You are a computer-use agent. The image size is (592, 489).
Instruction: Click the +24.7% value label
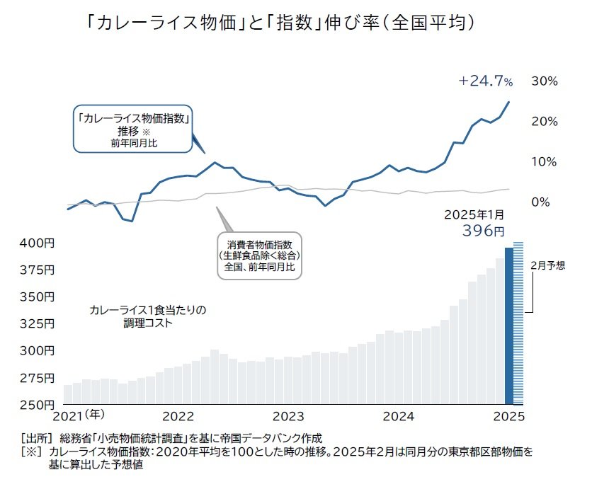point(485,81)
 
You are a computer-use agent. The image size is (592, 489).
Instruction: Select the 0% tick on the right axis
point(540,202)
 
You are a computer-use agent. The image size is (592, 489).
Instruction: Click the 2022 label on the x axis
point(178,416)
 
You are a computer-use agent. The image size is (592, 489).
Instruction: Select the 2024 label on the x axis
point(399,416)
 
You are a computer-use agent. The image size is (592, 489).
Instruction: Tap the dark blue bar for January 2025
point(508,326)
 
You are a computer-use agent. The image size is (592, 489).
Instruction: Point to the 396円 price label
point(483,231)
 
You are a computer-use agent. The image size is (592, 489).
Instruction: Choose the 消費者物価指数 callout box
point(259,255)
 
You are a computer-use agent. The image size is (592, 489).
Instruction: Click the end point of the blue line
point(508,102)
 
